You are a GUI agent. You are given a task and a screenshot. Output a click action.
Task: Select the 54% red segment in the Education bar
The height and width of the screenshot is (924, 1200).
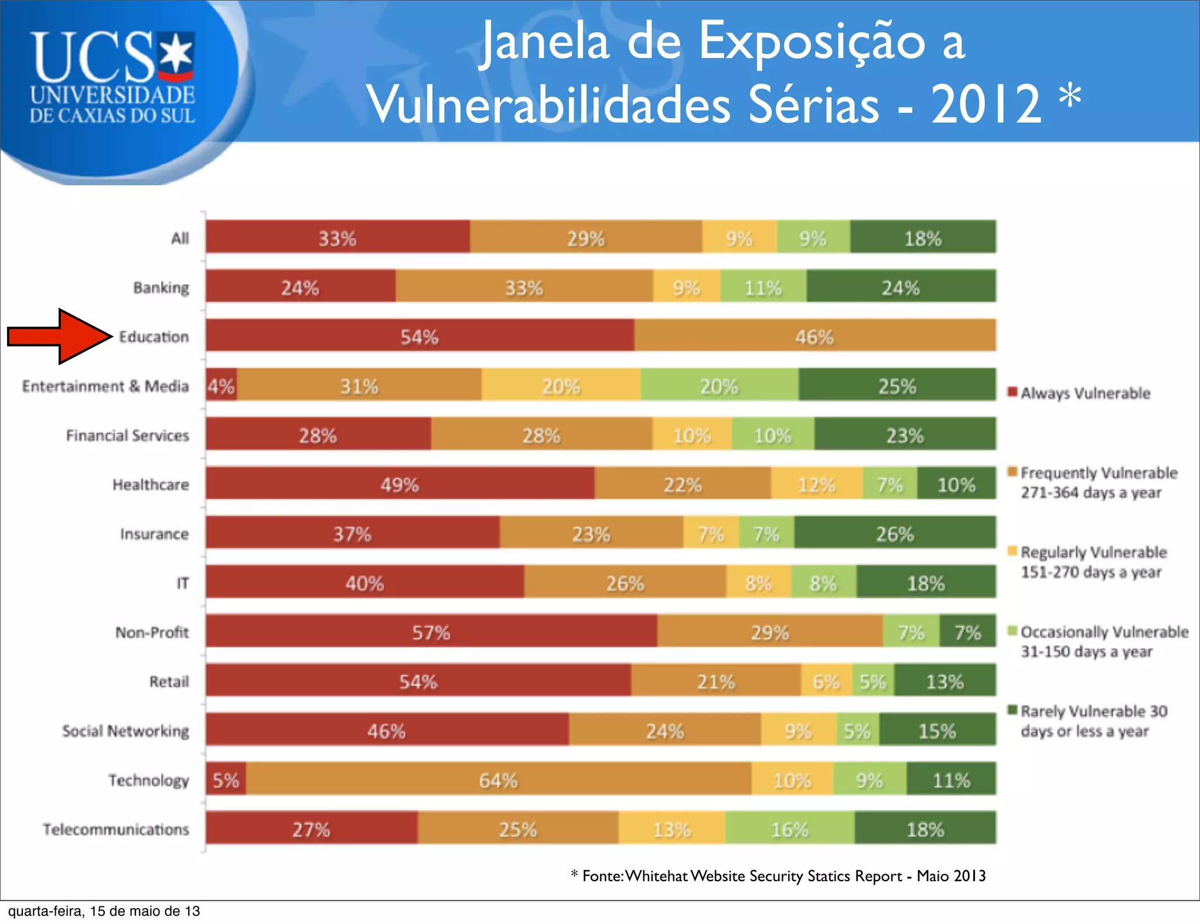point(420,336)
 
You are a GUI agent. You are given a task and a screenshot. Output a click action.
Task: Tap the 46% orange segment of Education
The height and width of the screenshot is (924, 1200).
point(814,336)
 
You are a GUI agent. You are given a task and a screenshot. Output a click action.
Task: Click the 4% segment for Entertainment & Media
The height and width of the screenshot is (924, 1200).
point(221,386)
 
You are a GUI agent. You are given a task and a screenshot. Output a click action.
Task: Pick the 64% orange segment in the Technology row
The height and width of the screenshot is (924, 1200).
point(499,780)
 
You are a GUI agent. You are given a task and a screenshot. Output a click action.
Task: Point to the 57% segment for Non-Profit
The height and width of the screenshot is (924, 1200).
point(431,632)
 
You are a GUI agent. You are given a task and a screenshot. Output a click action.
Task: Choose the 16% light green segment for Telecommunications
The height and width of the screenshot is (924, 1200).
point(790,829)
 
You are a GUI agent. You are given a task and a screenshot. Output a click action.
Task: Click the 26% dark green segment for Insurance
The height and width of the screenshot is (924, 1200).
point(895,534)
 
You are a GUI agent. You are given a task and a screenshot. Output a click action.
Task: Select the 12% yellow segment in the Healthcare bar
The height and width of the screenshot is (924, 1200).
point(816,484)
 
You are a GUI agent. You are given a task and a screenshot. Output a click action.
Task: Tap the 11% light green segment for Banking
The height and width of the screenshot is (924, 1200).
point(763,287)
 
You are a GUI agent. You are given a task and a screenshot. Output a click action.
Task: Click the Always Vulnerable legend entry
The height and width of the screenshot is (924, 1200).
point(1085,393)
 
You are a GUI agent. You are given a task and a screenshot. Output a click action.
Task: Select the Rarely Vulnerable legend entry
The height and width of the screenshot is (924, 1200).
point(1093,721)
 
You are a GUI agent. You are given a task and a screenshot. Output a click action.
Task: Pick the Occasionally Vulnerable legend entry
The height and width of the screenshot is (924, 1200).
point(1103,641)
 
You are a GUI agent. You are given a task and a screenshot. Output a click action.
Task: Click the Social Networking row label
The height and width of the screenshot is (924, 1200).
point(126,731)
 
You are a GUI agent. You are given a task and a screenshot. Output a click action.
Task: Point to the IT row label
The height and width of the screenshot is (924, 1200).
point(183,583)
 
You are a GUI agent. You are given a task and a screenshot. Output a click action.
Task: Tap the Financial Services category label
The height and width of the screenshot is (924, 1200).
point(128,435)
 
